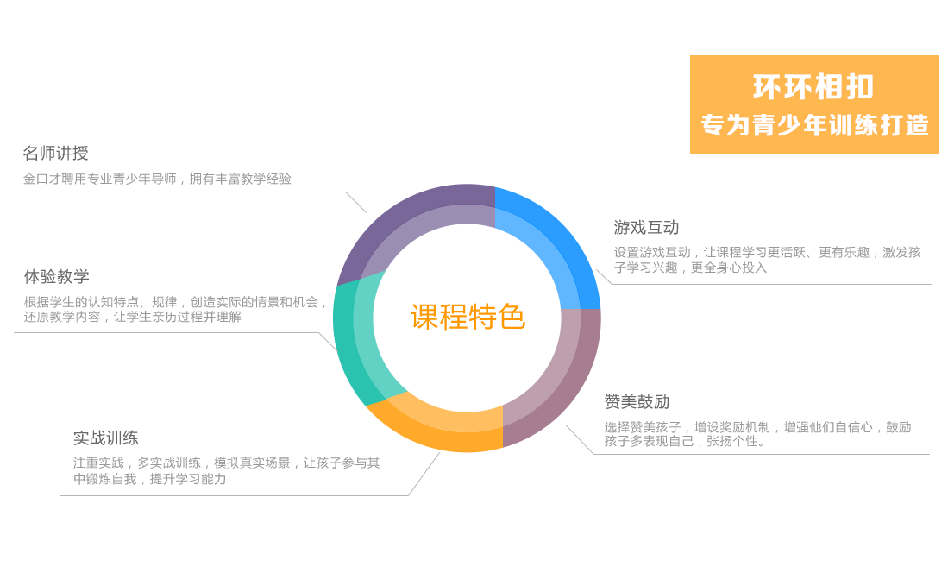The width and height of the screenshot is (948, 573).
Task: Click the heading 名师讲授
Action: pyautogui.click(x=55, y=154)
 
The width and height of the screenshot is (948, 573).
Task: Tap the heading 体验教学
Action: pyautogui.click(x=56, y=277)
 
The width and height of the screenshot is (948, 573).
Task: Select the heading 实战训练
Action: pyautogui.click(x=105, y=438)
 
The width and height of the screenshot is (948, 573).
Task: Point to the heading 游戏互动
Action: pyautogui.click(x=646, y=228)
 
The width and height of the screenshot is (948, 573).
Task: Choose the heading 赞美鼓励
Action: pyautogui.click(x=637, y=402)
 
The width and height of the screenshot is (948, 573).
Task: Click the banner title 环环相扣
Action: pyautogui.click(x=813, y=87)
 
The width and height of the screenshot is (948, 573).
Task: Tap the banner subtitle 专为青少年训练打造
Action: pyautogui.click(x=814, y=125)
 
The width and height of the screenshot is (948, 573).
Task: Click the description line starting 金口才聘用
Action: pyautogui.click(x=157, y=179)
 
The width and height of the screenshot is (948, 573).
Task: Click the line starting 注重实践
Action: pyautogui.click(x=225, y=463)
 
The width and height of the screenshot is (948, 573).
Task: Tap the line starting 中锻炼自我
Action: pyautogui.click(x=149, y=479)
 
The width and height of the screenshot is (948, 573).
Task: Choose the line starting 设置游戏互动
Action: pyautogui.click(x=767, y=253)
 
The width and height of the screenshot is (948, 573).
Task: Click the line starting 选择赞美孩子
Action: pyautogui.click(x=757, y=427)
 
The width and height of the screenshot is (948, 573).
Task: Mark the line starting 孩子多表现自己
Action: pyautogui.click(x=684, y=441)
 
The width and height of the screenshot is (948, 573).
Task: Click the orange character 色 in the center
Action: pyautogui.click(x=512, y=318)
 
